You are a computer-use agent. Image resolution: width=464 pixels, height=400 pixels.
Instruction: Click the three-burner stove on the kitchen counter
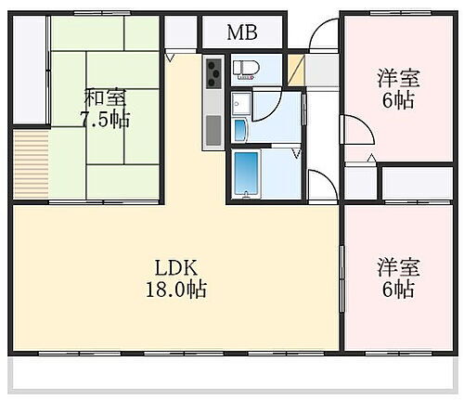213,70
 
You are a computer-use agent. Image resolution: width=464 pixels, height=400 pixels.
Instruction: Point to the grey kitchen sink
213,126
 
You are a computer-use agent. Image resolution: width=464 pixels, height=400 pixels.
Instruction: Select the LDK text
173,265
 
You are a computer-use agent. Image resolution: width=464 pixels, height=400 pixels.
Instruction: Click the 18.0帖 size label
173,289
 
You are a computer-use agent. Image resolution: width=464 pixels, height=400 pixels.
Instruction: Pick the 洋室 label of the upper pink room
396,77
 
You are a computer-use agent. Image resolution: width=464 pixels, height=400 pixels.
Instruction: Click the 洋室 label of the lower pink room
396,267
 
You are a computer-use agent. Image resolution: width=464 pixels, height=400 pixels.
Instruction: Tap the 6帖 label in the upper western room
396,100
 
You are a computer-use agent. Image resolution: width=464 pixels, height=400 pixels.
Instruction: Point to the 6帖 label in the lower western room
396,290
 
